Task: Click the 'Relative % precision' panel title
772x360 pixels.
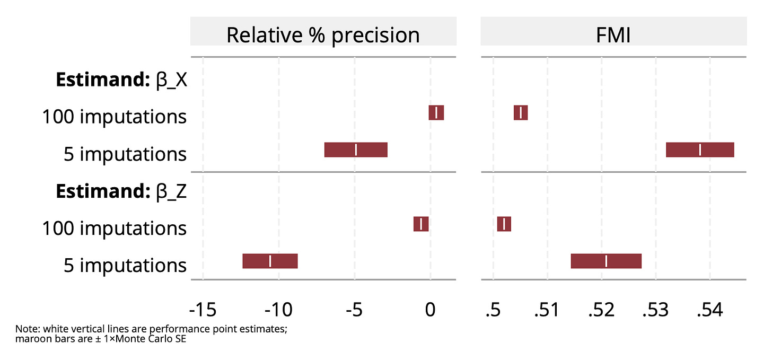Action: click(323, 35)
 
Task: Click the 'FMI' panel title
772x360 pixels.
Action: click(613, 35)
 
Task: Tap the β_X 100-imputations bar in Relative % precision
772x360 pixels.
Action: click(436, 113)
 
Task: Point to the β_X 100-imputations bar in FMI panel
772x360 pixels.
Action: click(521, 113)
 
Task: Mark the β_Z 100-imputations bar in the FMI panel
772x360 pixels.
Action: click(504, 224)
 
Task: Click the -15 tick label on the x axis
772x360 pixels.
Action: click(203, 310)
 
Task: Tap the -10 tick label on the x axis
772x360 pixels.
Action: click(279, 310)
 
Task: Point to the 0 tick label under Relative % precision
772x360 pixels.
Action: click(431, 310)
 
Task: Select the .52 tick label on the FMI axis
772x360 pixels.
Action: click(601, 310)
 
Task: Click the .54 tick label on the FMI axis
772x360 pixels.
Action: click(709, 310)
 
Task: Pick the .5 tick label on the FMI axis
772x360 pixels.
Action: click(493, 310)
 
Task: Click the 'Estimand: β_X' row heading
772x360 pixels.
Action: click(121, 80)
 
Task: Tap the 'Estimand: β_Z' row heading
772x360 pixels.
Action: click(121, 191)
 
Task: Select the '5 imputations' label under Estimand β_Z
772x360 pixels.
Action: click(125, 265)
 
